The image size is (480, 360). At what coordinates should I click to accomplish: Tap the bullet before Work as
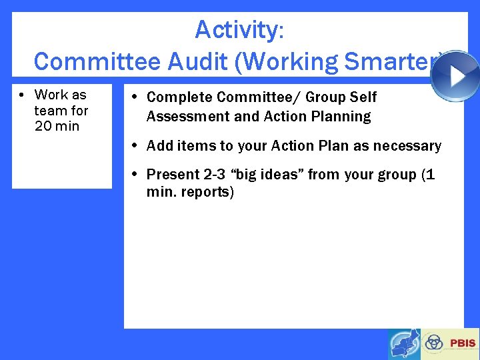coord(21,95)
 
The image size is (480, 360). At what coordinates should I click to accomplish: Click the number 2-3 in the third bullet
coord(213,175)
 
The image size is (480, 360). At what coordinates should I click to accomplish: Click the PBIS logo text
coord(463,343)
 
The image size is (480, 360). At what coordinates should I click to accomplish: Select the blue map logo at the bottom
coord(404,343)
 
